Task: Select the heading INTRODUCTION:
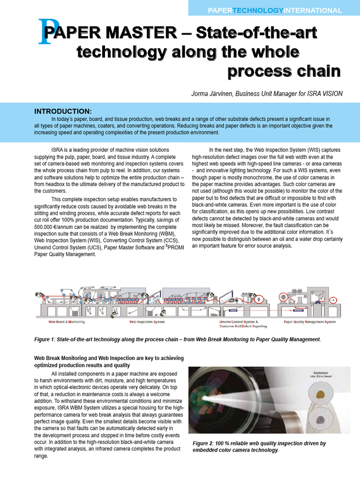63,111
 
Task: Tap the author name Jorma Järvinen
212,94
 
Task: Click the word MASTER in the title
150,33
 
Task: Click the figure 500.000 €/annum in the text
58,226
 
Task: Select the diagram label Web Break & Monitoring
67,322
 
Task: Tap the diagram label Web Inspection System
147,322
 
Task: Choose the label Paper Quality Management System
309,322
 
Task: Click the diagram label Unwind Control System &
239,322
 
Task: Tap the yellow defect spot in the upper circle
321,394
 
